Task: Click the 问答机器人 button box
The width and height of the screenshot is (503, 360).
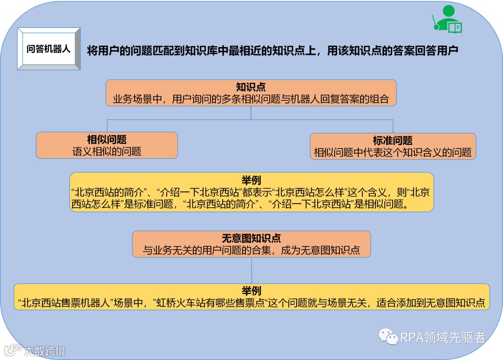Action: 48,49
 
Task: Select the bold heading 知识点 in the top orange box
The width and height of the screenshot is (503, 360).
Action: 251,87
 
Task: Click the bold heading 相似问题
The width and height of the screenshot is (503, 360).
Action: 107,140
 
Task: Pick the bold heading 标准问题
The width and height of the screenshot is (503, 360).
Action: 393,141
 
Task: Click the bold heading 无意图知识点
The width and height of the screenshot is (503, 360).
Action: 251,238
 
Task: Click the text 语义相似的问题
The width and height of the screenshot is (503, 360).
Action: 107,151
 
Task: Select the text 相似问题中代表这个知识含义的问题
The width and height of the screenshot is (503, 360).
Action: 393,152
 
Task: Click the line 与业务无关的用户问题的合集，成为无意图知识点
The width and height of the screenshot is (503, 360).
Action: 251,250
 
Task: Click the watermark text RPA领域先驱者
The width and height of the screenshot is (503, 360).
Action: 443,337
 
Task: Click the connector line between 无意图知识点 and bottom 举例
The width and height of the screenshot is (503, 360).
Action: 251,270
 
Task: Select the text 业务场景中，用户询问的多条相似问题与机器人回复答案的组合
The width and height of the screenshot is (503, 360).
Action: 251,99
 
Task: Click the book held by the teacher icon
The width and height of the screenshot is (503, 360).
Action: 455,28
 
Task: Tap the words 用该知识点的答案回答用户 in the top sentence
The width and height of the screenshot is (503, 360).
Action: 393,50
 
